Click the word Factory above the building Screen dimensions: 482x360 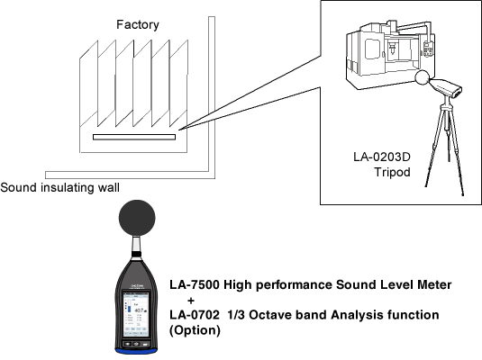tap(138, 25)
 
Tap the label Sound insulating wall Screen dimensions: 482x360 tap(60, 187)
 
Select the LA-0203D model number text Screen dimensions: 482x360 tap(382, 157)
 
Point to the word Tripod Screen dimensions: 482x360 tap(392, 172)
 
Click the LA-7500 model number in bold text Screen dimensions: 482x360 tap(195, 284)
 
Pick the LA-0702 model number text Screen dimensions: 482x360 tap(195, 315)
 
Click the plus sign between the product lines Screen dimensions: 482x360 tap(191, 300)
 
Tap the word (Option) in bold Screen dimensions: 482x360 tap(195, 330)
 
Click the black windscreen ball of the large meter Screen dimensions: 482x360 tap(137, 218)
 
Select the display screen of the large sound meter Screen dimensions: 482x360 tap(135, 314)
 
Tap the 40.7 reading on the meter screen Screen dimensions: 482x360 tap(141, 310)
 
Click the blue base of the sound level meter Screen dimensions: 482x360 tap(136, 351)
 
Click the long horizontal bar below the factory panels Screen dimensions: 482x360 tap(134, 137)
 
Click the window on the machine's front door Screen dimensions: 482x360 tap(372, 49)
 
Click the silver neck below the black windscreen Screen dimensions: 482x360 tap(136, 244)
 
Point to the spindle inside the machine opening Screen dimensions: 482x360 tap(392, 49)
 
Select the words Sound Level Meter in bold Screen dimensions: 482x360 tap(394, 284)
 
